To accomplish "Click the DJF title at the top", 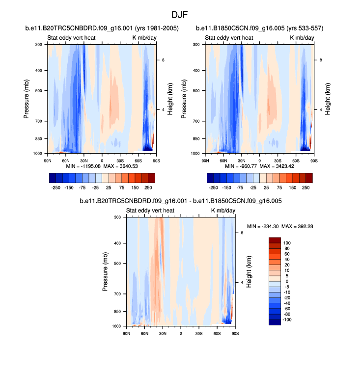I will click(180, 15).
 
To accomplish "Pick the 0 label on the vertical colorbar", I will click(286, 281).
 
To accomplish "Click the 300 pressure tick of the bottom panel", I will click(117, 217).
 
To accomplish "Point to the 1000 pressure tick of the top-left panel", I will click(38, 154).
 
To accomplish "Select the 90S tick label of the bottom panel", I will click(235, 334).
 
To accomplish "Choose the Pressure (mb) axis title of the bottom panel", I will click(105, 272).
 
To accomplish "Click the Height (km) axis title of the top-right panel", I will click(328, 99).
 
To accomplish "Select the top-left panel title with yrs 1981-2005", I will click(102, 28).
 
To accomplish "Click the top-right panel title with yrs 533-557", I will click(259, 28).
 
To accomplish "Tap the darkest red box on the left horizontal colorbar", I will click(151, 178).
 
